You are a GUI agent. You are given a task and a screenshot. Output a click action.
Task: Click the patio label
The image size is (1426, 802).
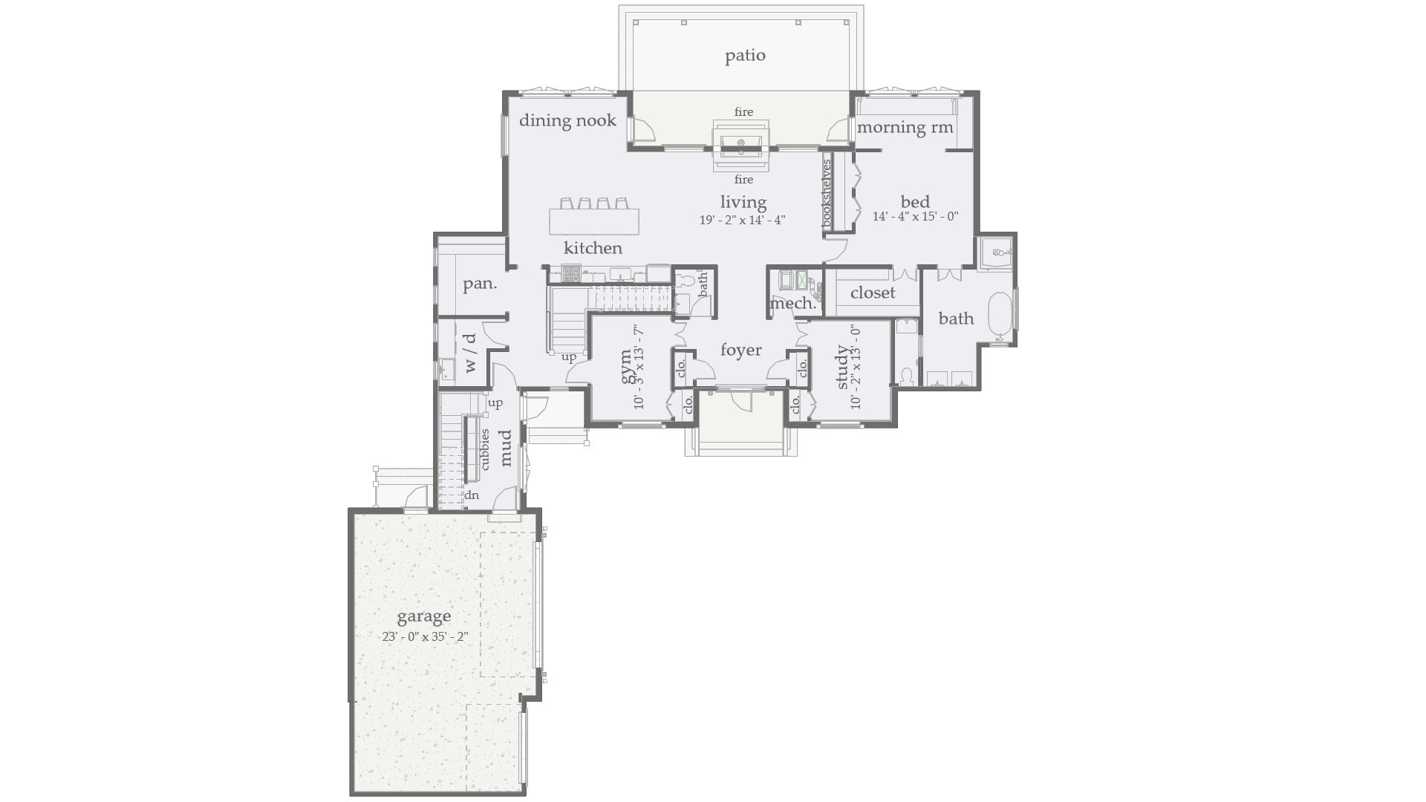pyautogui.click(x=745, y=56)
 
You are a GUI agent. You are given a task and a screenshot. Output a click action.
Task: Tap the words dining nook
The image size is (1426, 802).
pyautogui.click(x=567, y=120)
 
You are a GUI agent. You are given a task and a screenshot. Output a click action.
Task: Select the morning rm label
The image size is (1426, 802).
pyautogui.click(x=905, y=127)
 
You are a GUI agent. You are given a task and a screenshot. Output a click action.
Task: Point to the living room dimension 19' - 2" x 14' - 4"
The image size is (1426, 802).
pyautogui.click(x=742, y=221)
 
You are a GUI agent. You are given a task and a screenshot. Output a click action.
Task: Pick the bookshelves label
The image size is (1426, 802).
pyautogui.click(x=827, y=193)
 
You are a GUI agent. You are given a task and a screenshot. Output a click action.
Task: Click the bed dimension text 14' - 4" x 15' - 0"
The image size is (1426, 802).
pyautogui.click(x=915, y=217)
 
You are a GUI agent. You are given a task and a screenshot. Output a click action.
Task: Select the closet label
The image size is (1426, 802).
pyautogui.click(x=873, y=293)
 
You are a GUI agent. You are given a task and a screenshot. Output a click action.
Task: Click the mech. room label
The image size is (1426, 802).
pyautogui.click(x=792, y=304)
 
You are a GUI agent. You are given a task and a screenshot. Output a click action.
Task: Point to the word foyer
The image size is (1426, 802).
pyautogui.click(x=740, y=350)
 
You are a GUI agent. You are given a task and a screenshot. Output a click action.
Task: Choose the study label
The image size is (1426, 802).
pyautogui.click(x=842, y=367)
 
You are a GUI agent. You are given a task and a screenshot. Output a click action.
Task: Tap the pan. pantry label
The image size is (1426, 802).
pyautogui.click(x=480, y=284)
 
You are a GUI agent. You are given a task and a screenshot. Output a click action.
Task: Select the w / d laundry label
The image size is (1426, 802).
pyautogui.click(x=469, y=353)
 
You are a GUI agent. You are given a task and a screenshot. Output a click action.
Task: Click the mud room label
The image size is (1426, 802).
pyautogui.click(x=506, y=448)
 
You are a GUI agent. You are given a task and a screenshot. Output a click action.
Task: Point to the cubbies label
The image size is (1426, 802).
pyautogui.click(x=484, y=449)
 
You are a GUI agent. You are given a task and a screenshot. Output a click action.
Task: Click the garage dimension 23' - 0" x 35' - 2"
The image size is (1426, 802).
pyautogui.click(x=425, y=636)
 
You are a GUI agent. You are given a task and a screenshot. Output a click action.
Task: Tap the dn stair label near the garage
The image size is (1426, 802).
pyautogui.click(x=472, y=495)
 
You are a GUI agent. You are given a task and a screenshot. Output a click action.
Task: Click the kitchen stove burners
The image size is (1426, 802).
pyautogui.click(x=570, y=274)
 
